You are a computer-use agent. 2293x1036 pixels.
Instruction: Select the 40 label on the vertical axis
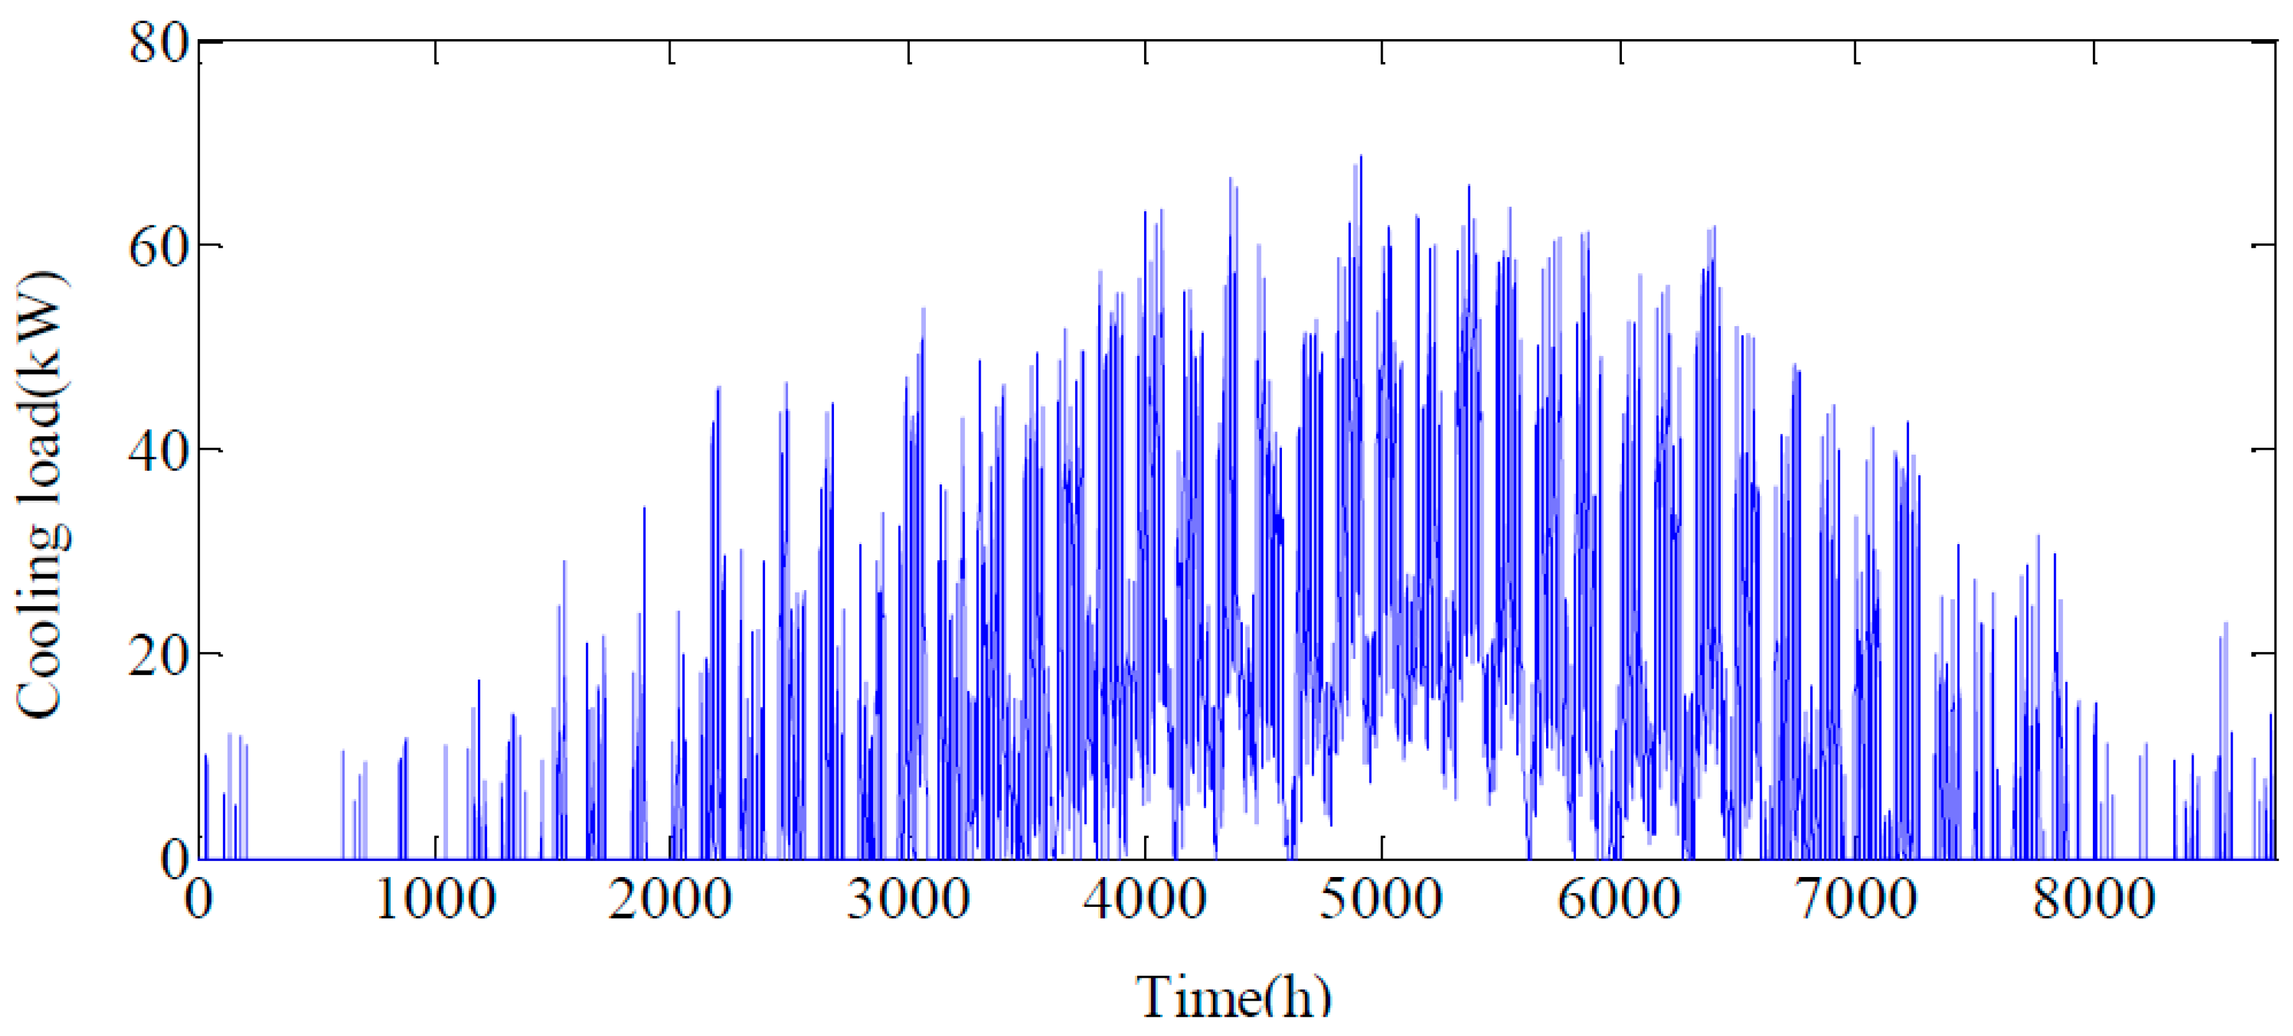tap(158, 448)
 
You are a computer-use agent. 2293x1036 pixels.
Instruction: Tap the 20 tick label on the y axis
tap(158, 653)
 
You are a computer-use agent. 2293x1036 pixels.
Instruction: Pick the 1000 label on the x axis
tap(435, 899)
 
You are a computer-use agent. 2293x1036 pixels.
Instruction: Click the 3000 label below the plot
tap(908, 899)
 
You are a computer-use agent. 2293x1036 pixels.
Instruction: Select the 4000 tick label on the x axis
tap(1145, 899)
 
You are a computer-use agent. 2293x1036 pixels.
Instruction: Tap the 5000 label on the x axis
tap(1381, 899)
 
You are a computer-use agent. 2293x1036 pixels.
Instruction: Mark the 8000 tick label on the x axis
tap(2094, 899)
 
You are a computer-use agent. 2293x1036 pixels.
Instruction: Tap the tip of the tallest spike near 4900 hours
tap(1361, 157)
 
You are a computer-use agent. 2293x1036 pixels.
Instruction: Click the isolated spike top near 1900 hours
tap(644, 508)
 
